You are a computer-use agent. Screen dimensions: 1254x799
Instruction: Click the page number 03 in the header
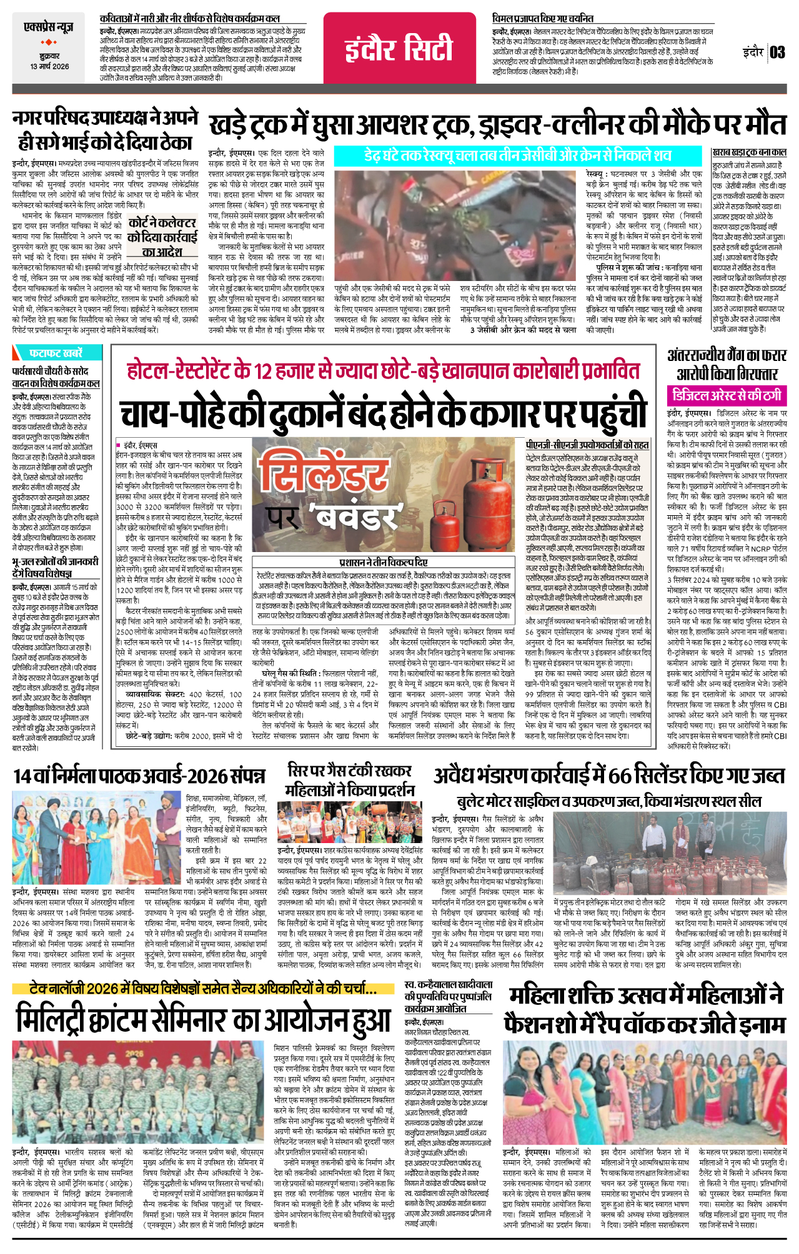[x=777, y=52]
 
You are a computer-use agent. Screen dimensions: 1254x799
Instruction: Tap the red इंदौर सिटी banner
[x=399, y=49]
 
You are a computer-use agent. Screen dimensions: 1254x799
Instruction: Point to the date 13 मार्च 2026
[x=49, y=66]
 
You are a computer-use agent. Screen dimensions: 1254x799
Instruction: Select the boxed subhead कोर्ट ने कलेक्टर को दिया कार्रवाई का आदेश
[x=162, y=237]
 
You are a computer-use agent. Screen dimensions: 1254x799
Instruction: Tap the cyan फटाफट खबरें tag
[x=56, y=353]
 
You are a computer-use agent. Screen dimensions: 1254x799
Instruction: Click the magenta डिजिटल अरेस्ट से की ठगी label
[x=727, y=395]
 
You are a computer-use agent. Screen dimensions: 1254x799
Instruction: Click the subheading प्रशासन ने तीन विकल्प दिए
[x=383, y=562]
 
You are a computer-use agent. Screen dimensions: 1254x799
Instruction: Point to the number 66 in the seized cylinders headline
[x=620, y=776]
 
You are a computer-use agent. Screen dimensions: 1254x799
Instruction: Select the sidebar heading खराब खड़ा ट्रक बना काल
[x=749, y=152]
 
